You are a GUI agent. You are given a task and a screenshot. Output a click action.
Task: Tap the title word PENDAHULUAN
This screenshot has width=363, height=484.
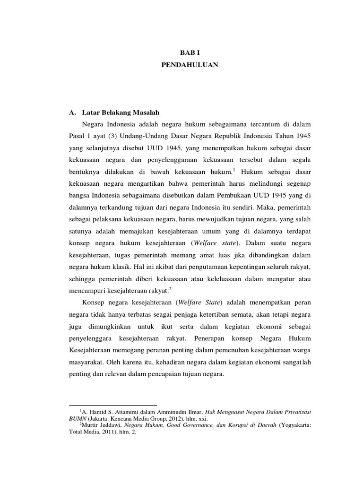coord(189,66)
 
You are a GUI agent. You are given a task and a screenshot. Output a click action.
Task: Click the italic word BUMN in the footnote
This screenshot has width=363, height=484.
coord(77,419)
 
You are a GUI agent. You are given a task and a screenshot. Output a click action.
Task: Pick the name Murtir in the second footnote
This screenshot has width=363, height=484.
coord(91,425)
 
